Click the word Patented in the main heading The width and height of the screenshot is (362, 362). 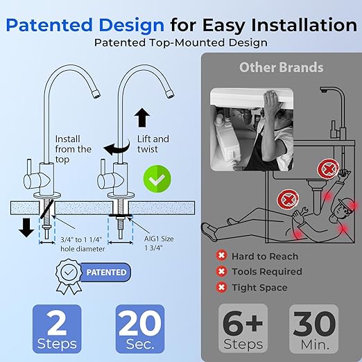56,26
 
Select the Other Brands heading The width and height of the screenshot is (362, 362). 282,67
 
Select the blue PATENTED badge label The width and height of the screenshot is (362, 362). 106,273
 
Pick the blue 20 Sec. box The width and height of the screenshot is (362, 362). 145,329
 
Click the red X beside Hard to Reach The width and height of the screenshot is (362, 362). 222,256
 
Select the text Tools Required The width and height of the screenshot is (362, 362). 267,271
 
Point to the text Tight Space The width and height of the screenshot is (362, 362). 260,287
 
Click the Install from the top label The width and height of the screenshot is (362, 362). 73,144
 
